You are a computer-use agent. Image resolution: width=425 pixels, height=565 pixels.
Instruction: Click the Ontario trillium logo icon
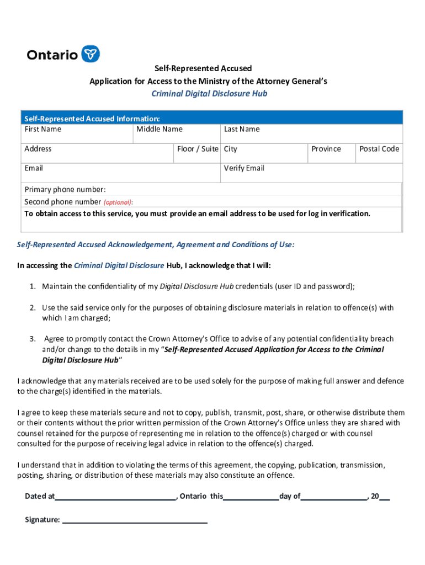coord(91,54)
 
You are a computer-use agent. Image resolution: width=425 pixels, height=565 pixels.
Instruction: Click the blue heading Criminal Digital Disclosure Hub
coord(209,94)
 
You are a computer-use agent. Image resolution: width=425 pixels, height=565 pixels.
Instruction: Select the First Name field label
coord(43,129)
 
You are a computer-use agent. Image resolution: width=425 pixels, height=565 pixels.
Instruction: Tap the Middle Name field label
coord(160,129)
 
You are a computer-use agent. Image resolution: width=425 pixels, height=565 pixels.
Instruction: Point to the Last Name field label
coord(242,129)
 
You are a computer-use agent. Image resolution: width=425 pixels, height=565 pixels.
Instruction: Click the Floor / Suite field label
coord(198,149)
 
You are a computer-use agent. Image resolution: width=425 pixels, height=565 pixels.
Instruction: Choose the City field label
coord(231,149)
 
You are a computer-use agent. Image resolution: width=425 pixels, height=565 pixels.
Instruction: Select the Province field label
coord(326,149)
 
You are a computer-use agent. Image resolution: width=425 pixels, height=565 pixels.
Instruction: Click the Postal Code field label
coord(379,149)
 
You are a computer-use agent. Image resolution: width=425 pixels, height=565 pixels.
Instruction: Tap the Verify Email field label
coord(244,168)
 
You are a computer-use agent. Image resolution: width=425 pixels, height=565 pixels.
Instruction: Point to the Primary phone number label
coord(65,189)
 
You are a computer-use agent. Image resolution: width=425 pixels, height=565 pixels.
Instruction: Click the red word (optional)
coord(118,202)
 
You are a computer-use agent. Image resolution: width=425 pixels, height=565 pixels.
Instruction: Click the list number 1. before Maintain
coord(33,286)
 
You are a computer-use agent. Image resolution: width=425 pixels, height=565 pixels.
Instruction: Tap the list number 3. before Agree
coord(33,339)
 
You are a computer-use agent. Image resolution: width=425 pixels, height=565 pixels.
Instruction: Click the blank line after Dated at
coord(115,497)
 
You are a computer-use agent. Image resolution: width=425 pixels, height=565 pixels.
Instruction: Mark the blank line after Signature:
coord(135,520)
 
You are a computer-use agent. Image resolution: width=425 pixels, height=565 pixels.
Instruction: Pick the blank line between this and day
coord(251,497)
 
